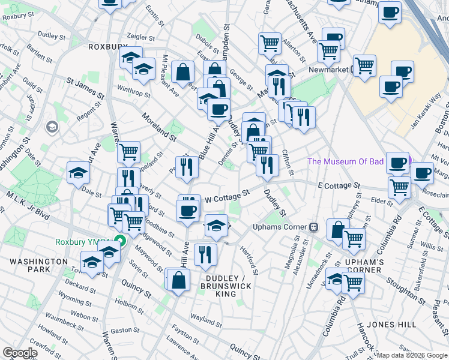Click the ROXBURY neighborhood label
[x=107, y=47]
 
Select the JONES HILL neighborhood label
[x=391, y=325]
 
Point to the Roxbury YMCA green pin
[x=119, y=242]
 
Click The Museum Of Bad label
[x=354, y=161]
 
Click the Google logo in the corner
[x=19, y=353]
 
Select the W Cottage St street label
[x=227, y=196]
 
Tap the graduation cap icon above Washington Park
[x=92, y=263]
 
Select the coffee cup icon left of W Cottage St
[x=187, y=211]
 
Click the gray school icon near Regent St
[x=52, y=127]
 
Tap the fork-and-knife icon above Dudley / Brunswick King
[x=205, y=253]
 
